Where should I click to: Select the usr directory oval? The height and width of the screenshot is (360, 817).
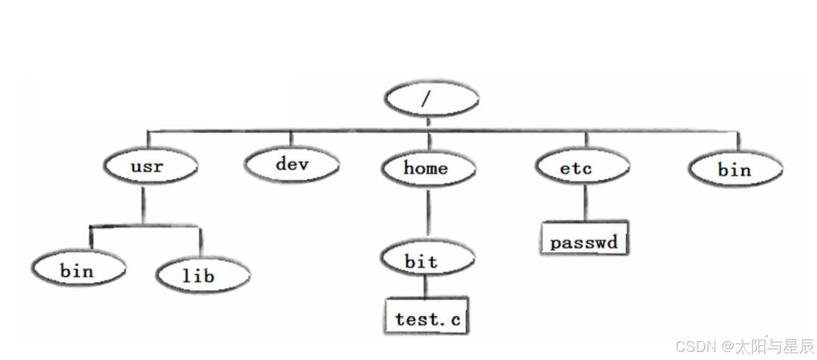[x=151, y=166]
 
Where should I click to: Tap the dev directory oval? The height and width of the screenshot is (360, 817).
[x=292, y=164]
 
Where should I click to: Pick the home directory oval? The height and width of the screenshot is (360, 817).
[x=428, y=168]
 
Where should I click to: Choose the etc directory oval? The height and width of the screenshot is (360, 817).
[x=582, y=166]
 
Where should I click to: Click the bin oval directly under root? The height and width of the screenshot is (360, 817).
[x=735, y=169]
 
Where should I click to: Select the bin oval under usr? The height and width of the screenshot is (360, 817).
[x=78, y=269]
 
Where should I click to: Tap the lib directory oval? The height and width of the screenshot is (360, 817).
[x=203, y=275]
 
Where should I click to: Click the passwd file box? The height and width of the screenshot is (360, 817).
[x=584, y=238]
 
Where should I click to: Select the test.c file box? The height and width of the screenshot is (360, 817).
[x=427, y=316]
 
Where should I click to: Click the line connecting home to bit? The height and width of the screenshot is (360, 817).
[x=428, y=213]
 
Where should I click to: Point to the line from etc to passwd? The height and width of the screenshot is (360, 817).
[x=585, y=203]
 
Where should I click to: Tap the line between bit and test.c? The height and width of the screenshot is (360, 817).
[x=425, y=287]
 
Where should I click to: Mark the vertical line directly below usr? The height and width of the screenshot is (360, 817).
[x=143, y=205]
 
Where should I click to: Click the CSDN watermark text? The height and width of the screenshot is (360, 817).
[x=745, y=346]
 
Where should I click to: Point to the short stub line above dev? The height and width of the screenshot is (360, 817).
[x=291, y=138]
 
